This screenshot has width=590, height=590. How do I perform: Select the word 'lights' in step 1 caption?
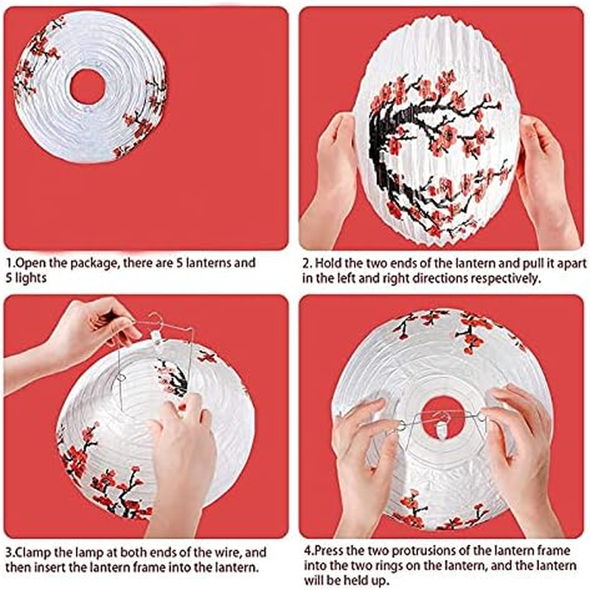[x=29, y=278]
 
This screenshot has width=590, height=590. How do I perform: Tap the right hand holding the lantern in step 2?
[x=546, y=177]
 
